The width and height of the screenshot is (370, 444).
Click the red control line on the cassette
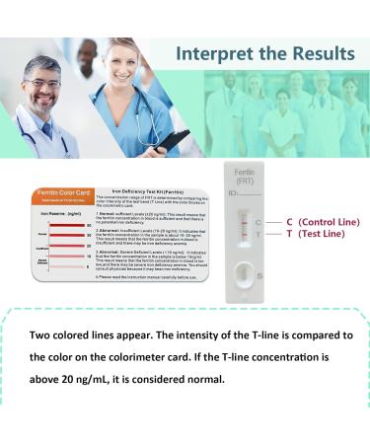click(245, 223)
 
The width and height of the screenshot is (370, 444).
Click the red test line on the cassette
click(245, 235)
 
